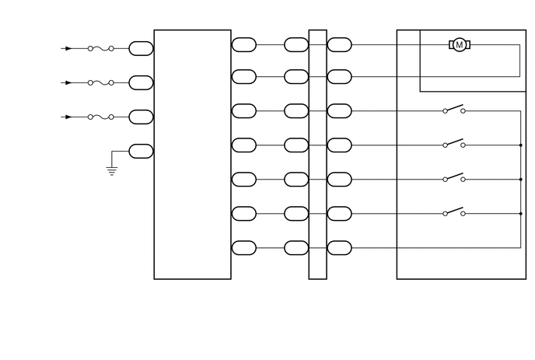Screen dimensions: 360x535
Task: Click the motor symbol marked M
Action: tap(459, 45)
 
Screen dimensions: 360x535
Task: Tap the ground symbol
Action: tap(112, 170)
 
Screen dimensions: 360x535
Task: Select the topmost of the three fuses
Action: tap(100, 48)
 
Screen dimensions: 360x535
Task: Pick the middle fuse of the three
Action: tap(100, 82)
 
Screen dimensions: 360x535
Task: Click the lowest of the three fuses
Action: tap(100, 117)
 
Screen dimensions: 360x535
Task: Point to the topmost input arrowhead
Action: tap(68, 48)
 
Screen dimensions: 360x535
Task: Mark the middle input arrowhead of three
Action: tap(68, 82)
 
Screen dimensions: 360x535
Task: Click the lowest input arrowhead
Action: tap(68, 117)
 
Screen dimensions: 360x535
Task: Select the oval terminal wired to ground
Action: tap(141, 151)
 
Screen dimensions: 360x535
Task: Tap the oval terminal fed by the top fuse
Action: tap(141, 48)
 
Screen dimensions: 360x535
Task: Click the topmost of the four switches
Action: tap(454, 109)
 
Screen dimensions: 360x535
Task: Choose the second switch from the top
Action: tap(454, 143)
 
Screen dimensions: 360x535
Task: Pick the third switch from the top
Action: tap(454, 177)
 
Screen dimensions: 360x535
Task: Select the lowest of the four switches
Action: tap(454, 211)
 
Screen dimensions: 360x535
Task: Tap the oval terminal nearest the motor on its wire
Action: tap(339, 45)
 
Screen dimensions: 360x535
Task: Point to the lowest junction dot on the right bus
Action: tap(520, 213)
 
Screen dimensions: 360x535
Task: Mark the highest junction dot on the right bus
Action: tap(520, 145)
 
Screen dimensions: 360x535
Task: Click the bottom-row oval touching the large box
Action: tap(244, 248)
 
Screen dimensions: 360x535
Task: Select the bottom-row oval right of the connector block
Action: tap(339, 248)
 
